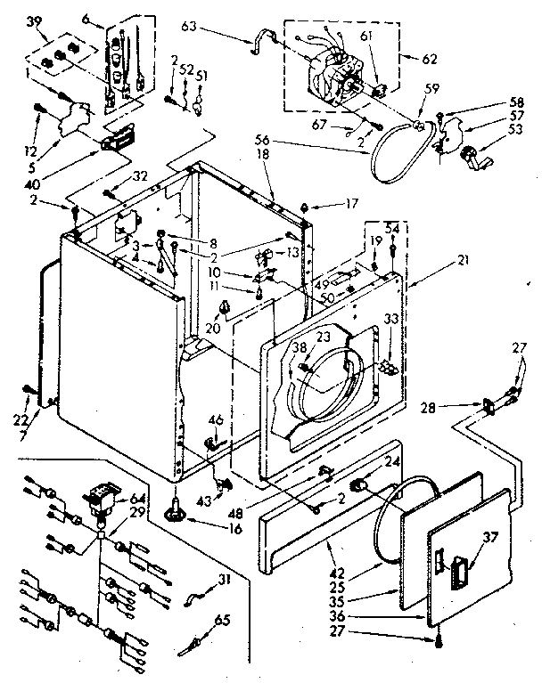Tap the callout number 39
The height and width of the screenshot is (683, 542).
point(35,21)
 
